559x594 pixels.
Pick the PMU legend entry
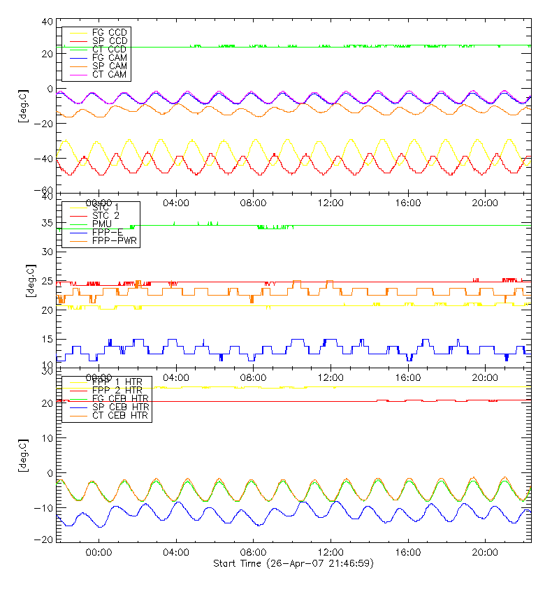coord(102,224)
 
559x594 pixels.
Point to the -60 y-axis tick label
coord(46,191)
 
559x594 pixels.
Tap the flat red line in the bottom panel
coord(279,401)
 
